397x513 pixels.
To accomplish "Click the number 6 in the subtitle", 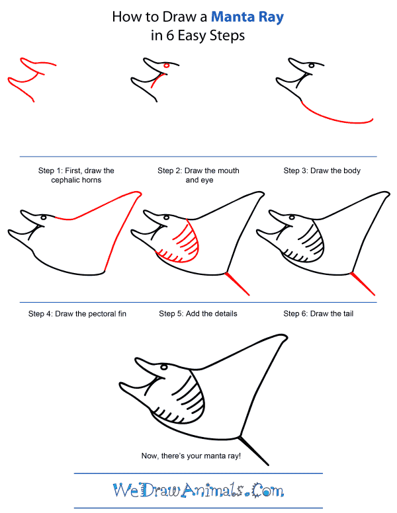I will [171, 36].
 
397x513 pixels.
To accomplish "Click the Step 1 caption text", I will [76, 175].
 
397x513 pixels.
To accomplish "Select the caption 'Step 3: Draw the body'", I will [322, 171].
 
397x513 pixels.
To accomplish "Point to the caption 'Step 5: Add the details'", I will [198, 313].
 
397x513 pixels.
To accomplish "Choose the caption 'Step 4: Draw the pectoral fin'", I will [77, 313].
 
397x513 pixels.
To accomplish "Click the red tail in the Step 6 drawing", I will [363, 283].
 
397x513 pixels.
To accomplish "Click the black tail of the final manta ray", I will [254, 450].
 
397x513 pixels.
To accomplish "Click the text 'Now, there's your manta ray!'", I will [189, 456].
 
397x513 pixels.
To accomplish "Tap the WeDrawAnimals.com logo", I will [198, 491].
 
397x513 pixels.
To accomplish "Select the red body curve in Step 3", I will [337, 118].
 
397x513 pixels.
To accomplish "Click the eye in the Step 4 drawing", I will [44, 217].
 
